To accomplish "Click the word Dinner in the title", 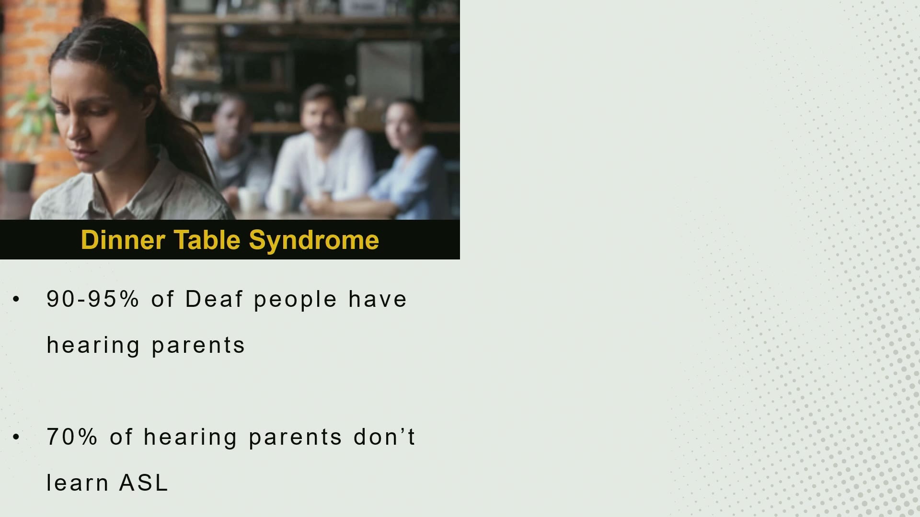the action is [123, 239].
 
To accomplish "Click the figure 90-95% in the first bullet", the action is [92, 299].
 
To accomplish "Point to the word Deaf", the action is [214, 299].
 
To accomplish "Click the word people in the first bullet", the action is [295, 300].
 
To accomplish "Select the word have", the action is [378, 299].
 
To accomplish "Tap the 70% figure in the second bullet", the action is [72, 437].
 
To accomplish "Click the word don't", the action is [384, 437].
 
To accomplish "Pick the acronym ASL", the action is [143, 483].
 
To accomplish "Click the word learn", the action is [77, 483].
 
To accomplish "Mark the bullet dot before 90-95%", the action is [17, 299].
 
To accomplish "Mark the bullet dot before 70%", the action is [17, 437].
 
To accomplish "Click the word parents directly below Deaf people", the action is [198, 346].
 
